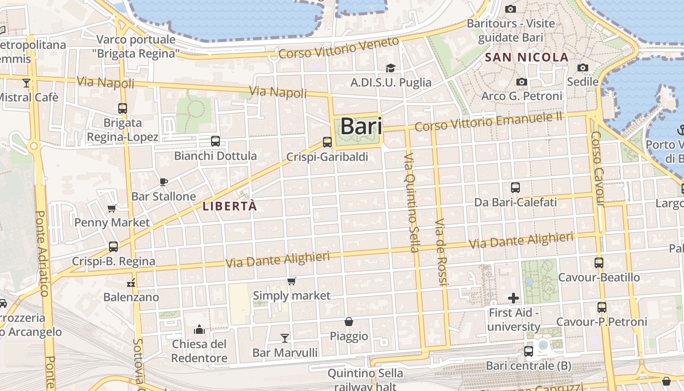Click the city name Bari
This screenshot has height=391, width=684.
(x=361, y=126)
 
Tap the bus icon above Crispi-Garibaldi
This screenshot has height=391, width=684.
(x=327, y=142)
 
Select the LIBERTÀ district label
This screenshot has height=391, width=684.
(x=230, y=206)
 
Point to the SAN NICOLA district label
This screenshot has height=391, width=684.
(x=527, y=57)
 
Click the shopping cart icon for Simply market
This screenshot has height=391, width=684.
(x=292, y=281)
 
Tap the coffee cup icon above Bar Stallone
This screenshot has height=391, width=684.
(x=164, y=182)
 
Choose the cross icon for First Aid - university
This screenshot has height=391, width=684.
(x=513, y=298)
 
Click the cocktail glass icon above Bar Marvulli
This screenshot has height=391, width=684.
(x=285, y=338)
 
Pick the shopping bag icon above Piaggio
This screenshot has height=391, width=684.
(x=349, y=322)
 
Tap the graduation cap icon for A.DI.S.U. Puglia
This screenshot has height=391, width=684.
(x=390, y=68)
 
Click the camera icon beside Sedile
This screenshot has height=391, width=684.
(x=583, y=67)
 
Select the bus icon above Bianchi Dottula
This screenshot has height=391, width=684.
(x=215, y=141)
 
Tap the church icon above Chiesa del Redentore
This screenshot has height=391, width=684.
(x=199, y=329)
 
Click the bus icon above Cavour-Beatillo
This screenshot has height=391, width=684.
(x=599, y=262)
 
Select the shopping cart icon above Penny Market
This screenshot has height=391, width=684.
(x=112, y=209)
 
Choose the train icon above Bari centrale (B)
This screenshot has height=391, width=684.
(x=528, y=351)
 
